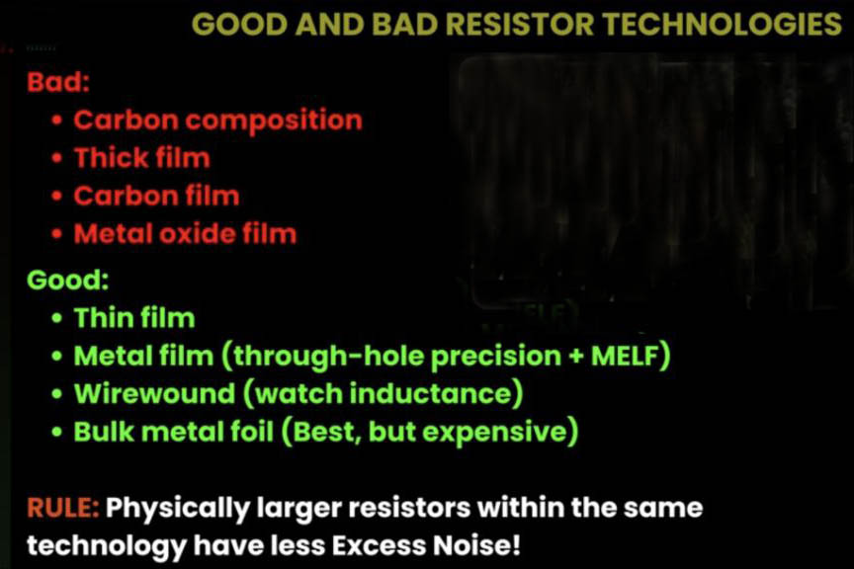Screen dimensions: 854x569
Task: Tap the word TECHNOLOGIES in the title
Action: click(723, 25)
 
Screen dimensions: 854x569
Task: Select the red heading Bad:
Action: click(58, 82)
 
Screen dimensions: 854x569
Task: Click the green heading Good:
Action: click(68, 280)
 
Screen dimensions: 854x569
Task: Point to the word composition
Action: click(274, 122)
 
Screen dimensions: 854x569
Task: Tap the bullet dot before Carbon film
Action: click(57, 196)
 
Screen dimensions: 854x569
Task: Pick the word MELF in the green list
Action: click(624, 356)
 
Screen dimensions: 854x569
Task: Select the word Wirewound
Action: click(154, 394)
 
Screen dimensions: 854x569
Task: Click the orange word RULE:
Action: click(63, 508)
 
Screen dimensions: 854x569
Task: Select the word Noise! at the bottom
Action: click(476, 546)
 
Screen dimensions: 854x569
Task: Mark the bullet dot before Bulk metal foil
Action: click(57, 433)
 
